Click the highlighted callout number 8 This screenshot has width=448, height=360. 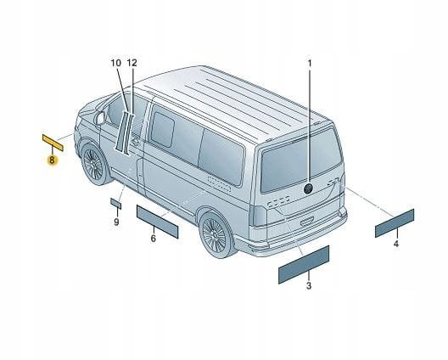pyautogui.click(x=52, y=160)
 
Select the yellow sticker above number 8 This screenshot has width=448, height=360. pyautogui.click(x=53, y=143)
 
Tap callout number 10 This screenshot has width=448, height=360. pyautogui.click(x=116, y=63)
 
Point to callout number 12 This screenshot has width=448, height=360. pyautogui.click(x=132, y=63)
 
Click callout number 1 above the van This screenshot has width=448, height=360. pyautogui.click(x=310, y=63)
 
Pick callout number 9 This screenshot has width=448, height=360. pyautogui.click(x=116, y=222)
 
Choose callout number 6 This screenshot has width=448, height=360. pyautogui.click(x=154, y=239)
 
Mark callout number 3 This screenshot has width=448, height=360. pyautogui.click(x=309, y=285)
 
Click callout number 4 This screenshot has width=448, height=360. pyautogui.click(x=396, y=244)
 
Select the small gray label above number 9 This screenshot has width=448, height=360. pyautogui.click(x=115, y=203)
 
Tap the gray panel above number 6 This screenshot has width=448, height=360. pyautogui.click(x=158, y=222)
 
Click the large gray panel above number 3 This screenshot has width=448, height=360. pyautogui.click(x=304, y=265)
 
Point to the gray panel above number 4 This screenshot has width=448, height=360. pyautogui.click(x=395, y=223)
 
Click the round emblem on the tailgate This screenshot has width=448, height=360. pyautogui.click(x=308, y=188)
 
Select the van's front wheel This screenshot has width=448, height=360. pyautogui.click(x=92, y=164)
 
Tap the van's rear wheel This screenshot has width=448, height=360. pyautogui.click(x=215, y=234)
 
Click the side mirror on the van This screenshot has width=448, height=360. pyautogui.click(x=100, y=118)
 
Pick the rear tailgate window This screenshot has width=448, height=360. pyautogui.click(x=300, y=160)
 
